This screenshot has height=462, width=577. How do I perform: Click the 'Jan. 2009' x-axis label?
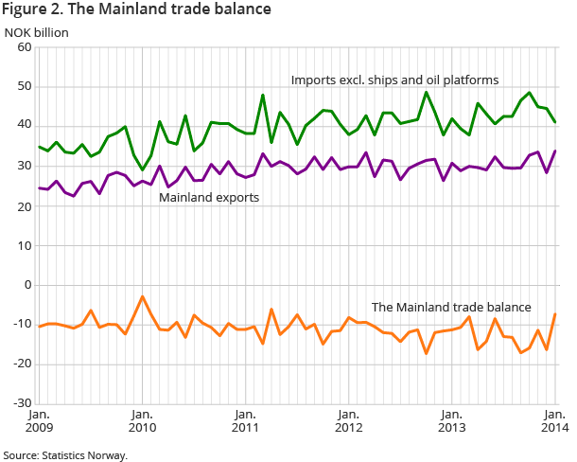pos(39,420)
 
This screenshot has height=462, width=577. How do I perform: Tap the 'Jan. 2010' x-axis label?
pos(142,420)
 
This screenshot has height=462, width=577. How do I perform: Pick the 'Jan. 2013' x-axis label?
pos(451,420)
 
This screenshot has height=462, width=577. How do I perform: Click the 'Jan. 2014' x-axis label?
pos(554,420)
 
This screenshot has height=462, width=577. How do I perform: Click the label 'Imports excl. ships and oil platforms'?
pos(394,79)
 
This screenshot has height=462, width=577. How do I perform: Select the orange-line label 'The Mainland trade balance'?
pos(450,307)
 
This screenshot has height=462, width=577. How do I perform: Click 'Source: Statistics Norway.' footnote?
pos(64,454)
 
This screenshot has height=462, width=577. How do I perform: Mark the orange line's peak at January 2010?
pos(142,296)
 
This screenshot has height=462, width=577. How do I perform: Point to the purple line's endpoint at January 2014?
pos(554,151)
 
